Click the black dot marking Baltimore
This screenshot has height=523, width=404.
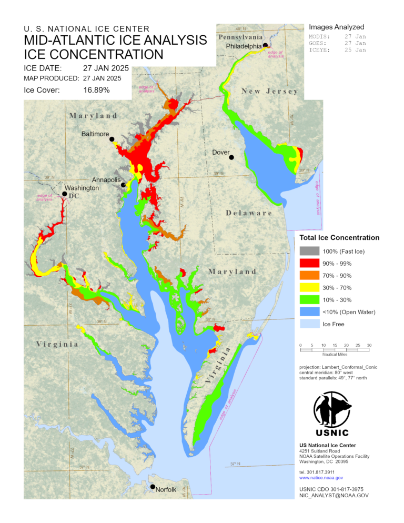coord(112,139)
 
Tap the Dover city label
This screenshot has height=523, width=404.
coord(220,153)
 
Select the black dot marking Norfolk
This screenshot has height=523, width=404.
coord(153,487)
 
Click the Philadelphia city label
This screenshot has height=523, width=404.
coord(243,46)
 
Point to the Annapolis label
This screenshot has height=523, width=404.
coord(107,180)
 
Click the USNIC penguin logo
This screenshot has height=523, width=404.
coord(332,410)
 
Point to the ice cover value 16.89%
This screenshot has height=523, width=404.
coord(96,90)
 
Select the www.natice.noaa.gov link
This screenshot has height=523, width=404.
coord(321,478)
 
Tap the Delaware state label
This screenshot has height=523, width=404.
coord(249,213)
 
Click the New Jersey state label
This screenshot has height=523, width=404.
coord(269,92)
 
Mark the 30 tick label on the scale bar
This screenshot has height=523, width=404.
coord(369,345)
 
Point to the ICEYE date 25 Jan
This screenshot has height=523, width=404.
coord(355,51)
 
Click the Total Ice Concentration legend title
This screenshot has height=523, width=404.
coord(339,238)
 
